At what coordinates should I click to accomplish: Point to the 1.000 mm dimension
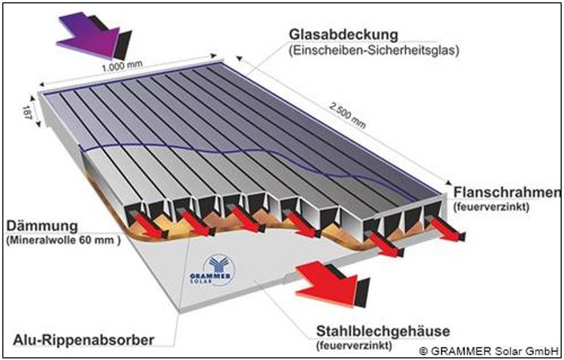pyautogui.click(x=117, y=69)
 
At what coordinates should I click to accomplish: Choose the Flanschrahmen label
pyautogui.click(x=506, y=191)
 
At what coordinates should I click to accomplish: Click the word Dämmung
pyautogui.click(x=37, y=225)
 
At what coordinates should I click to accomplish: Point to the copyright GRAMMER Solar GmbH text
pyautogui.click(x=489, y=350)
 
